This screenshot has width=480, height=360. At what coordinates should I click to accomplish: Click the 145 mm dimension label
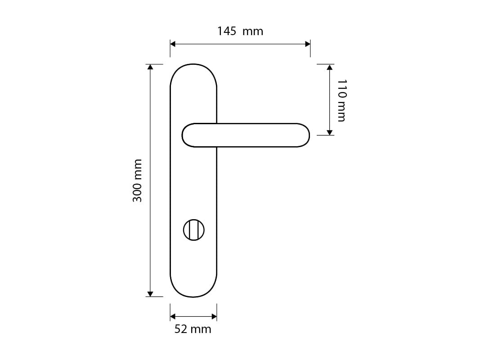click(240, 31)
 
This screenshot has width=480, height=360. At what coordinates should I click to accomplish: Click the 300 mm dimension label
click(137, 180)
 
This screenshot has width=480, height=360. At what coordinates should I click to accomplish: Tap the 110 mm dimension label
click(342, 100)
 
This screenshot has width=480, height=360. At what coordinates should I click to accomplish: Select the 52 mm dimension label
click(193, 329)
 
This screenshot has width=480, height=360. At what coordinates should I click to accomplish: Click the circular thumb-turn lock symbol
click(193, 230)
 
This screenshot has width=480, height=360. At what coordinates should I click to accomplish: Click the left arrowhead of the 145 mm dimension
click(173, 44)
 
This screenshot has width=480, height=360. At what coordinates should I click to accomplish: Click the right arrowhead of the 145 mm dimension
click(308, 44)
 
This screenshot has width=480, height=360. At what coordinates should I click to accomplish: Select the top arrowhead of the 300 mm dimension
click(150, 67)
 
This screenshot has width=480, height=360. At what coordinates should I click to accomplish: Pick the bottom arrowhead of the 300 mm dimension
click(150, 294)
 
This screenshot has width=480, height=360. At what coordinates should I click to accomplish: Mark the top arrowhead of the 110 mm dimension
click(329, 67)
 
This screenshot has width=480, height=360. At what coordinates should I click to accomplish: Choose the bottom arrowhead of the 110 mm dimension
click(329, 132)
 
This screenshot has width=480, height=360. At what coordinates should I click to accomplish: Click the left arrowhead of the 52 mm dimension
click(173, 316)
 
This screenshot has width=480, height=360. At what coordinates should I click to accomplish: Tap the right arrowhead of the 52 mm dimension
click(214, 316)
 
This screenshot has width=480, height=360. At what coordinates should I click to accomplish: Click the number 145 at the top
click(227, 31)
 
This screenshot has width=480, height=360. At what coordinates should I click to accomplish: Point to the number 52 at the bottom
click(180, 329)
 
